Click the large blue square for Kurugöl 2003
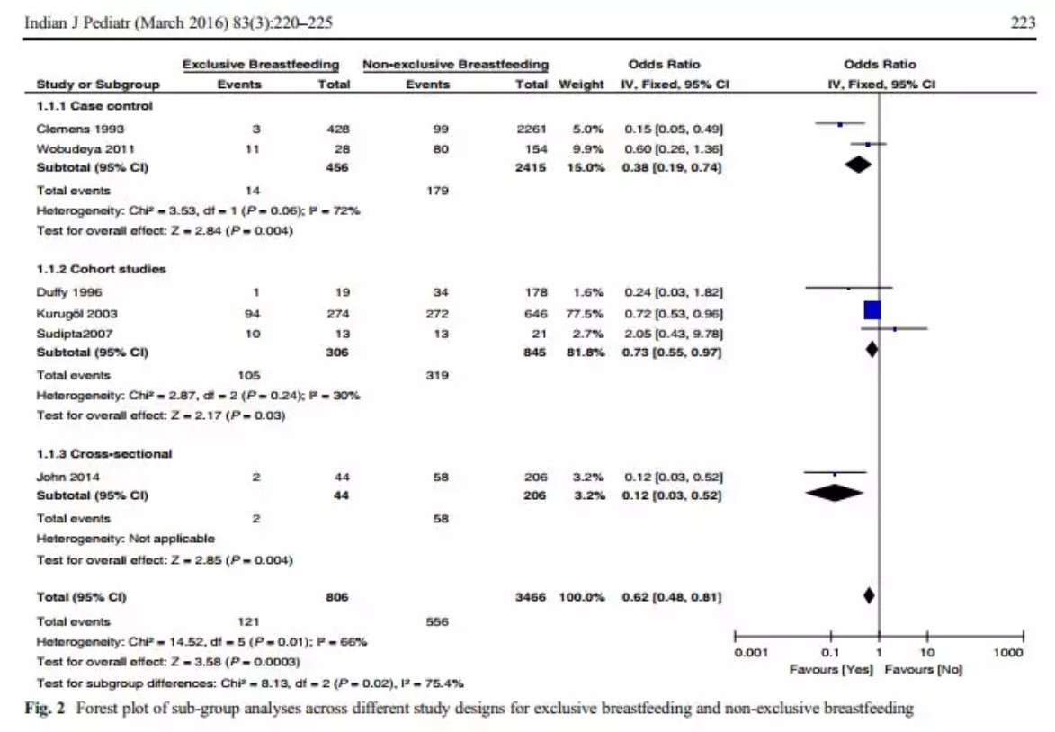click(x=872, y=310)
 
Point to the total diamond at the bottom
click(x=869, y=594)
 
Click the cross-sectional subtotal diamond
click(x=835, y=493)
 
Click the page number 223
click(x=1024, y=24)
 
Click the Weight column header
click(x=581, y=85)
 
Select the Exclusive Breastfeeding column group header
click(x=261, y=65)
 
